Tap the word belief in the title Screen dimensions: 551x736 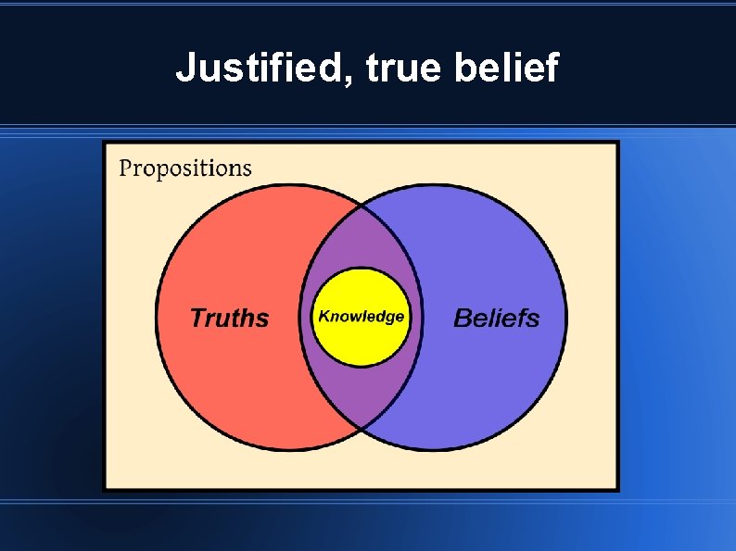pyautogui.click(x=506, y=68)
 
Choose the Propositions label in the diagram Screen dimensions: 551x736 pyautogui.click(x=185, y=168)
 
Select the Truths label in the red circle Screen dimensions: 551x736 pyautogui.click(x=229, y=318)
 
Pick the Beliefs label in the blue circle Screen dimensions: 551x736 pyautogui.click(x=496, y=318)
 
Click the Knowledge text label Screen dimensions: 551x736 pyautogui.click(x=362, y=316)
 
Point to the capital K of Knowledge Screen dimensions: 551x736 pyautogui.click(x=324, y=316)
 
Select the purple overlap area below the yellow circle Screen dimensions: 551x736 pyautogui.click(x=362, y=394)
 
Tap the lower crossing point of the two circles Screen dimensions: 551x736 pyautogui.click(x=361, y=429)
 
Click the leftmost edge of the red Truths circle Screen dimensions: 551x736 pyautogui.click(x=156, y=317)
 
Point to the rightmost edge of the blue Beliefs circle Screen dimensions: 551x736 pyautogui.click(x=565, y=317)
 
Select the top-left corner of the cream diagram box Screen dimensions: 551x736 pyautogui.click(x=105, y=144)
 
